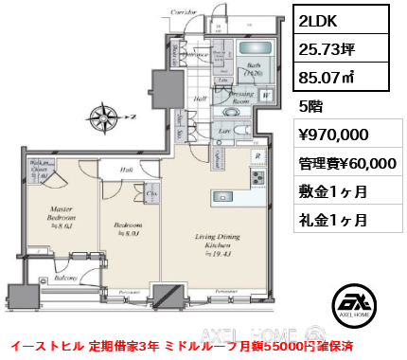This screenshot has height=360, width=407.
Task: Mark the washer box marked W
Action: point(268,95)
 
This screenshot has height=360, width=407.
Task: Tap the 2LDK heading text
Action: point(318,19)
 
